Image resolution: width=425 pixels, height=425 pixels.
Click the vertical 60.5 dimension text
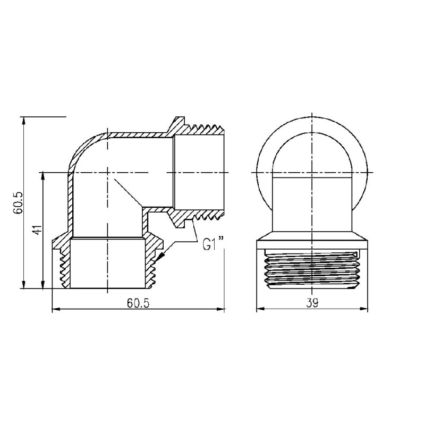pyautogui.click(x=17, y=202)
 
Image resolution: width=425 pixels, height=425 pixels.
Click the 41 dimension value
pyautogui.click(x=36, y=231)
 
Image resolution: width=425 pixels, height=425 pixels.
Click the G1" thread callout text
pyautogui.click(x=212, y=245)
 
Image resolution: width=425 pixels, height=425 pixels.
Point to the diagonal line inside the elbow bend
pyautogui.click(x=126, y=192)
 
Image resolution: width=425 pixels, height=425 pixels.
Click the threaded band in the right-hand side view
pyautogui.click(x=312, y=268)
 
